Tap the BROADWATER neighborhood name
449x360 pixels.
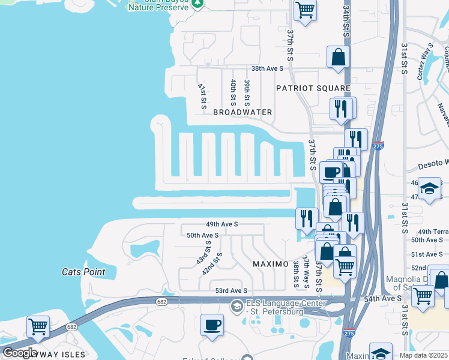click(x=243, y=112)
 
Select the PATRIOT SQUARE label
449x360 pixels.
click(x=313, y=88)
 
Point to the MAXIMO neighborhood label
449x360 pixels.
click(x=271, y=264)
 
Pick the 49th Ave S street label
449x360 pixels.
click(x=222, y=224)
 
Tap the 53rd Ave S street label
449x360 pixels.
click(x=231, y=290)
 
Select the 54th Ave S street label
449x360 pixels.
click(x=382, y=298)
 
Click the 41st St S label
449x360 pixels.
click(x=202, y=95)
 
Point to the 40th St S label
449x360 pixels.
click(x=233, y=92)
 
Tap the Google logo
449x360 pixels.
click(x=20, y=353)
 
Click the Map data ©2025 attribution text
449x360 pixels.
click(x=424, y=355)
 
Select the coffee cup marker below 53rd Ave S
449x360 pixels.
click(x=212, y=326)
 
